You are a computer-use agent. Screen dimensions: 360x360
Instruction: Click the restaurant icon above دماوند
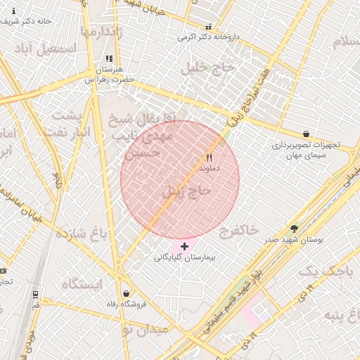point(209,157)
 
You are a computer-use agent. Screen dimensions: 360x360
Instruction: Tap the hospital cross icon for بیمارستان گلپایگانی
point(184,246)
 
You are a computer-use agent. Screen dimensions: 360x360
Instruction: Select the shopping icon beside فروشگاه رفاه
point(126,294)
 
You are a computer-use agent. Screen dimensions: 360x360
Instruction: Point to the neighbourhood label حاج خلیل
point(201,68)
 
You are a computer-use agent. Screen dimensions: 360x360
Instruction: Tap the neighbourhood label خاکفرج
point(238,231)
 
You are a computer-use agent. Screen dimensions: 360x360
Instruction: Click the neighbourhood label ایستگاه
point(82,284)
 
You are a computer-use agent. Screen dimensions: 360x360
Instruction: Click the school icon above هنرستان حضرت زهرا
point(108,59)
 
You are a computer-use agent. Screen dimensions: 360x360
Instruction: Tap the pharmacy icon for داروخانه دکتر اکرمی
point(207,26)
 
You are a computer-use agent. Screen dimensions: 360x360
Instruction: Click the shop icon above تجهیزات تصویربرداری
point(306,133)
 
